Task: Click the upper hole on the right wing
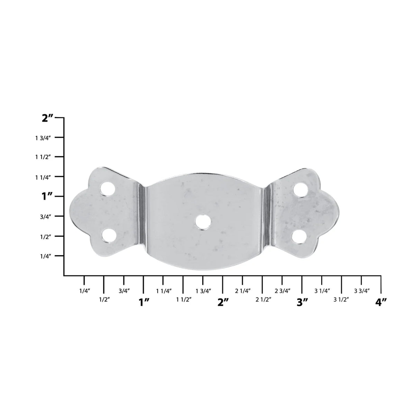[x=300, y=190]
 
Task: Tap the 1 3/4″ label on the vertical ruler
[x=43, y=138]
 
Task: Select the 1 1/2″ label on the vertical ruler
[x=43, y=157]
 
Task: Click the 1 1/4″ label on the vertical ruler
[x=43, y=177]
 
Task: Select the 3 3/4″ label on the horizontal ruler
[x=362, y=291]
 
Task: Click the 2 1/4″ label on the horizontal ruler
[x=243, y=291]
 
